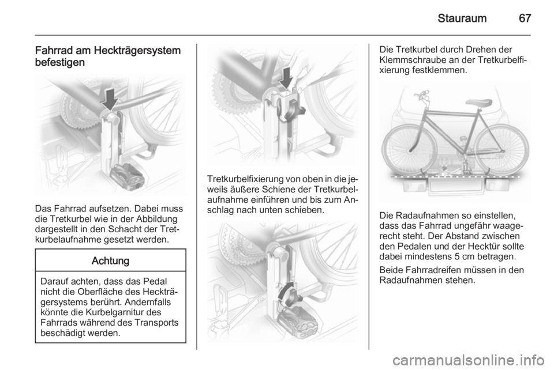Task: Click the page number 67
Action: [525, 18]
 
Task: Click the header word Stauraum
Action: [462, 18]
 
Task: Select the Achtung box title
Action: [111, 260]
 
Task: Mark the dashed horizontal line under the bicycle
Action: [454, 175]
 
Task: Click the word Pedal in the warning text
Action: [156, 281]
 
